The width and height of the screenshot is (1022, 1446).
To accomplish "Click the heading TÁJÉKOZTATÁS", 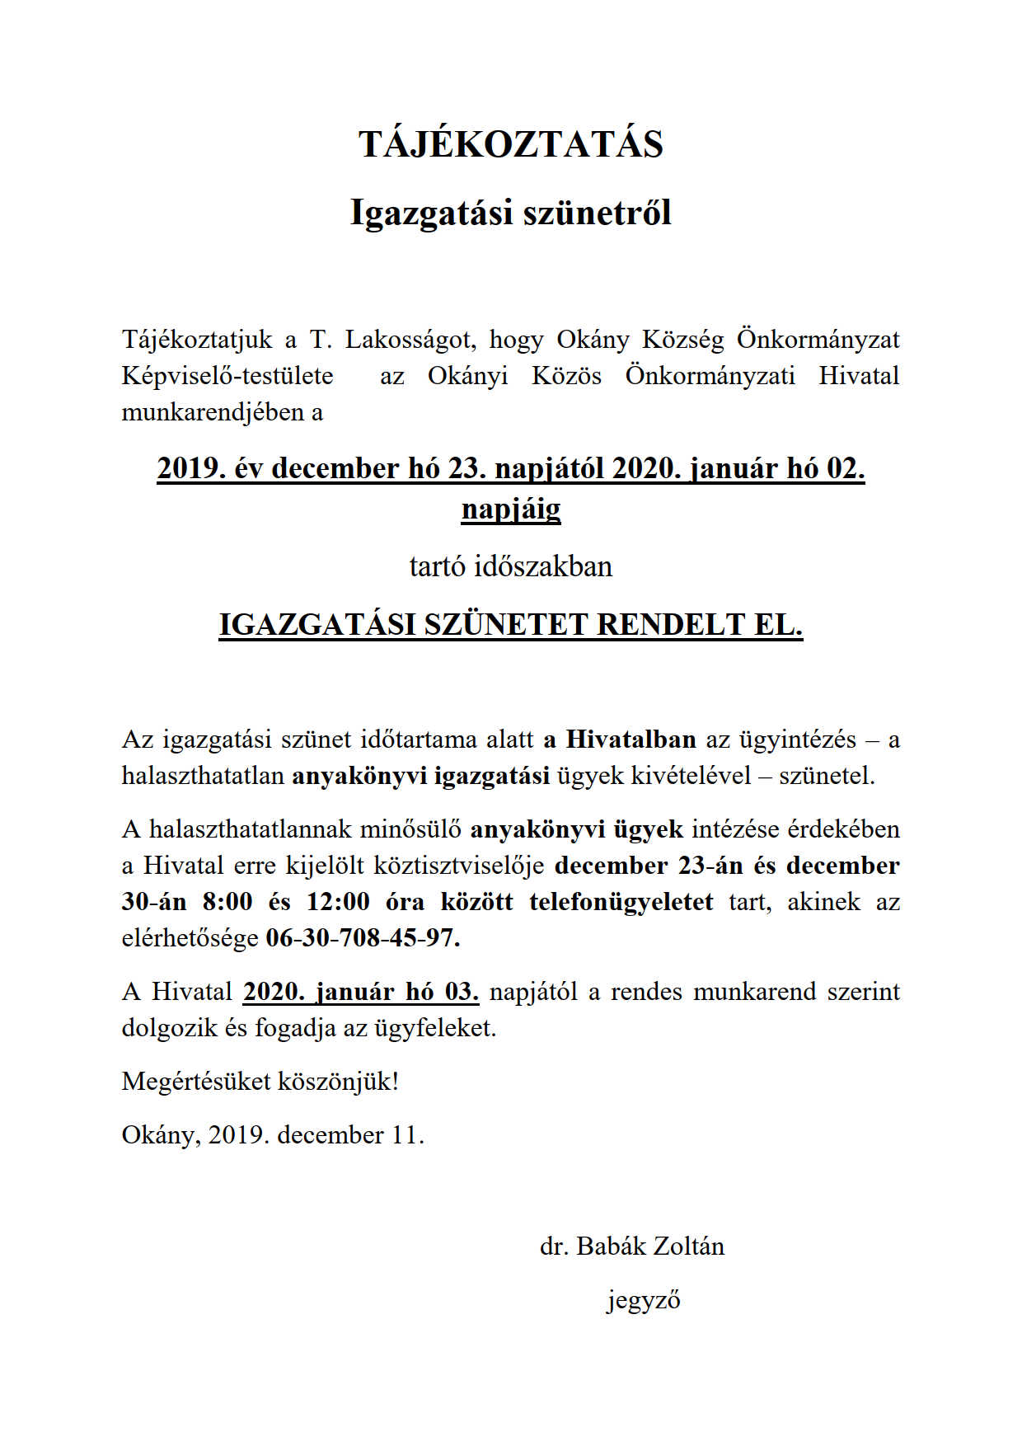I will (510, 144).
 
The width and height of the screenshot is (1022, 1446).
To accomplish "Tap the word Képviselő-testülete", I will (227, 376).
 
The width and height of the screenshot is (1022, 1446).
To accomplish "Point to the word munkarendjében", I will (213, 412).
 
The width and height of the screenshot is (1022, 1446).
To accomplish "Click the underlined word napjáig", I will (510, 509).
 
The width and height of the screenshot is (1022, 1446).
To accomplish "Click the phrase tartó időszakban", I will (510, 566).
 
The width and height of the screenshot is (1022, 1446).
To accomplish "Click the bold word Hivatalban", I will (631, 739).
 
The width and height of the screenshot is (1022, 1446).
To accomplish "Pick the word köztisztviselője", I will (459, 866).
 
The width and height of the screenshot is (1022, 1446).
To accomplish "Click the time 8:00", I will (227, 902).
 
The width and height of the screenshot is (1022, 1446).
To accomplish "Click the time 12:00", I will (338, 902).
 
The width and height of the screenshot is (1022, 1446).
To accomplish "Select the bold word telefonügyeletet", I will (621, 902).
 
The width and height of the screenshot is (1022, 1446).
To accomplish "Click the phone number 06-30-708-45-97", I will (363, 938).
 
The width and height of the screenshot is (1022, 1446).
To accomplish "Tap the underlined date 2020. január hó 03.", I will (361, 991).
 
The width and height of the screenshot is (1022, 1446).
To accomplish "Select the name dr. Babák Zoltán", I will (631, 1246).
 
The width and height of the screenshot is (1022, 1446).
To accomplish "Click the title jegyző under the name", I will (644, 1300).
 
